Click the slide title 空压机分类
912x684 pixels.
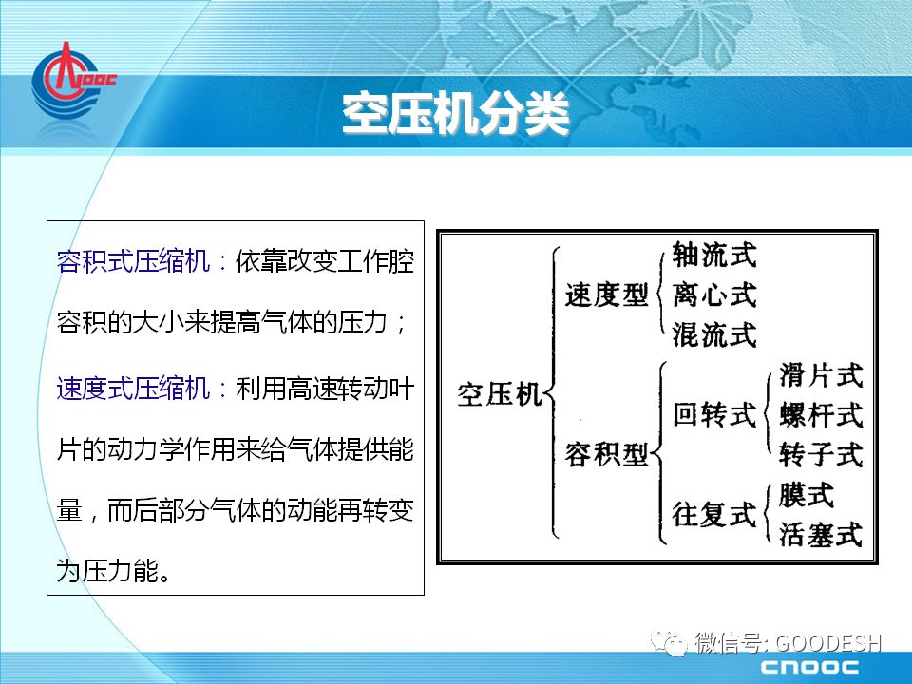coord(455,113)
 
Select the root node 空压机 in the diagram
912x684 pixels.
coord(499,395)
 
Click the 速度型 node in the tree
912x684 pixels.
coord(607,294)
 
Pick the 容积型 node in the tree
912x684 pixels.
coord(607,454)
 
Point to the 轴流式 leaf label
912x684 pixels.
coord(714,255)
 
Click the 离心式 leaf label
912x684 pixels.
coord(714,294)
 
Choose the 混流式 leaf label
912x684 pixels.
coord(714,334)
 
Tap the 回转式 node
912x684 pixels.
coord(714,415)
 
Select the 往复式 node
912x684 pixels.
coord(714,514)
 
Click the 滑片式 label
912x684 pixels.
coord(821,375)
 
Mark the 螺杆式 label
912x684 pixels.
coord(821,415)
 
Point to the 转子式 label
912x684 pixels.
coord(821,454)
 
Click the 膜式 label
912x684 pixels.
coord(807,495)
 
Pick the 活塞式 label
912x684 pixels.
coord(821,534)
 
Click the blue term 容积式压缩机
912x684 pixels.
coord(133,260)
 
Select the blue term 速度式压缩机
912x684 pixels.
coord(133,388)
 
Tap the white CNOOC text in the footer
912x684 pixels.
coord(809,667)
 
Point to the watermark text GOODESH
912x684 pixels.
coord(828,643)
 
